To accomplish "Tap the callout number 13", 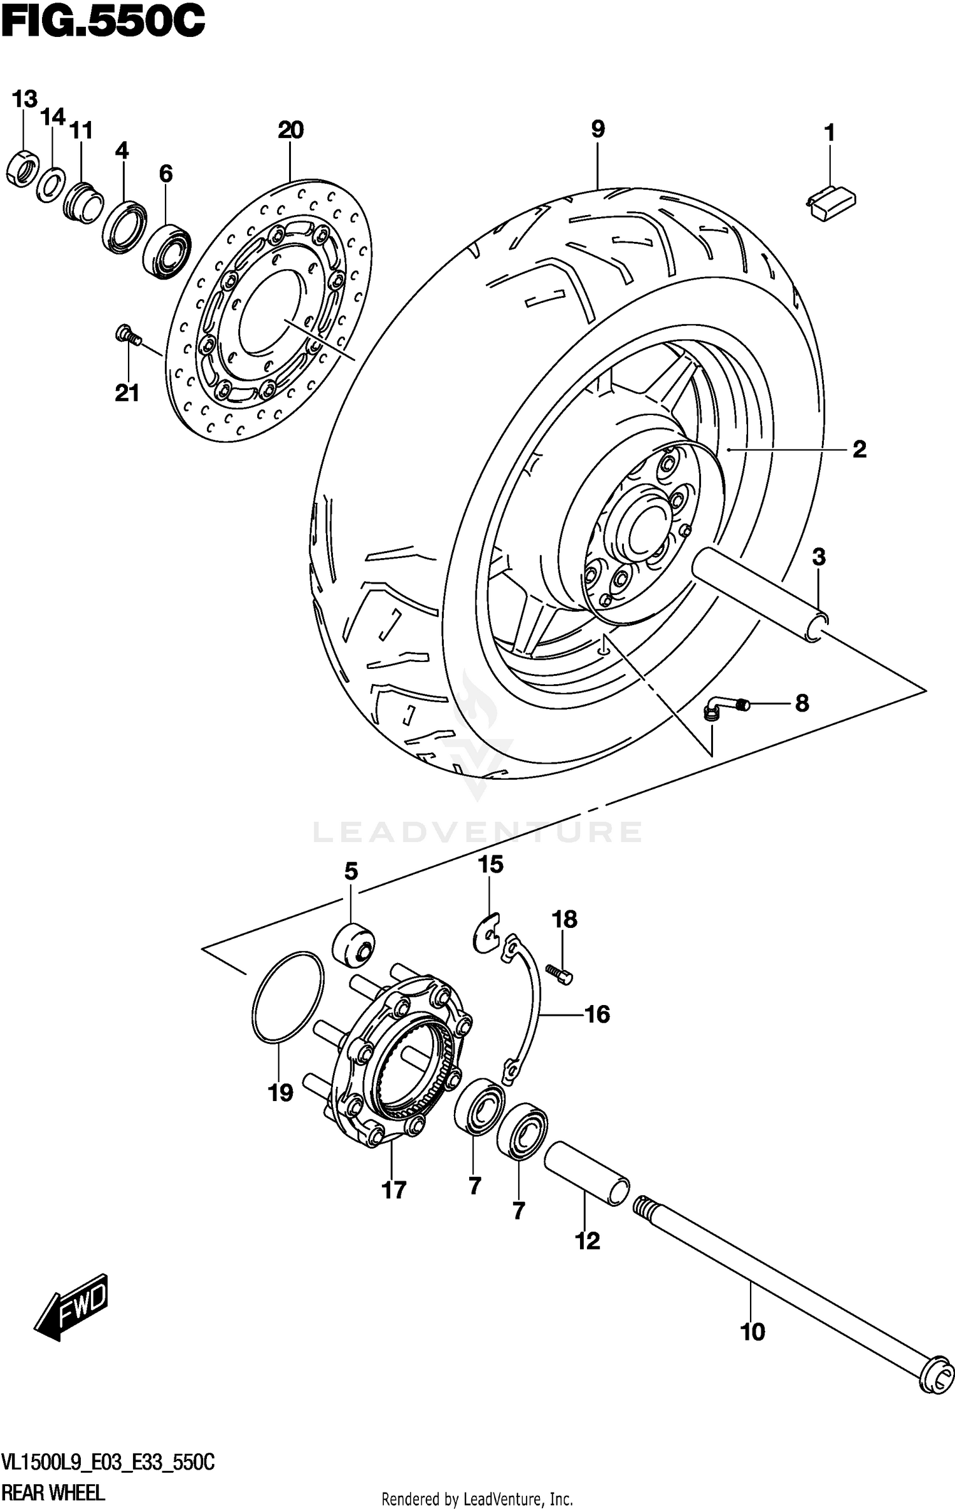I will [25, 99].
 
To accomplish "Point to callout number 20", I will [290, 130].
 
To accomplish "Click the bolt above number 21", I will [127, 335].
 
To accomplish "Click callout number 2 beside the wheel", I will [859, 450].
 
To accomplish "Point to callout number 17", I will [393, 1190].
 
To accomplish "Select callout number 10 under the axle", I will [753, 1332].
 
